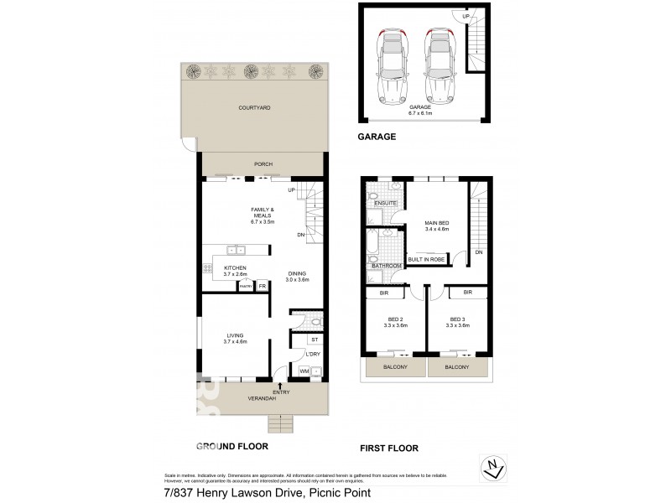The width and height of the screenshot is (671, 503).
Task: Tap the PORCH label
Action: point(263,164)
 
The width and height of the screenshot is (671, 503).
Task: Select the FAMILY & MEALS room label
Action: point(263,212)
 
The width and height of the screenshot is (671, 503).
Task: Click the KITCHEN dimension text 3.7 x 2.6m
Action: point(237,274)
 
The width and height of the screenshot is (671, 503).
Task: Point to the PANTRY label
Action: point(246,287)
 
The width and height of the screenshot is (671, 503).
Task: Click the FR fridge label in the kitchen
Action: point(263,287)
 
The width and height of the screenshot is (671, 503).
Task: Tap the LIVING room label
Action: point(235,335)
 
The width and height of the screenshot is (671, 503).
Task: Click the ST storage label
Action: point(315,340)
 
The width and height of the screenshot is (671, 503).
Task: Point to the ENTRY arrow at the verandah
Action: point(279,385)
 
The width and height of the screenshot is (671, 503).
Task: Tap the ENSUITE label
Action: point(385,204)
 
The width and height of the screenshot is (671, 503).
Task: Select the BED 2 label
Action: point(396,319)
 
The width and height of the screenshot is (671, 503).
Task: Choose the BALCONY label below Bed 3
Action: point(457,368)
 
